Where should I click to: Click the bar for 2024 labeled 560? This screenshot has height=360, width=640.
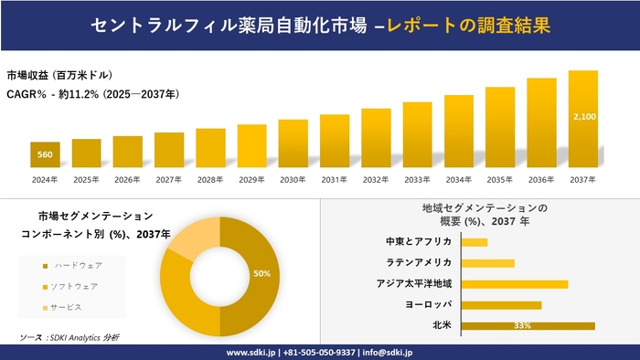click(45, 155)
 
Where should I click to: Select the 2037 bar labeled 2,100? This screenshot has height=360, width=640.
click(583, 119)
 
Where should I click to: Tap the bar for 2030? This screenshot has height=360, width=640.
click(293, 143)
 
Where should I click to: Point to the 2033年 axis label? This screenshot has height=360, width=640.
click(417, 179)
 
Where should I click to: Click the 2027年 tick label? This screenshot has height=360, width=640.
click(168, 179)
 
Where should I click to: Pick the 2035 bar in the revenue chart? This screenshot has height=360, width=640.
click(500, 127)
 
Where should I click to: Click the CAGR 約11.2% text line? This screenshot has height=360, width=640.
click(92, 93)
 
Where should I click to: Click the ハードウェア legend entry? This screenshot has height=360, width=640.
click(72, 265)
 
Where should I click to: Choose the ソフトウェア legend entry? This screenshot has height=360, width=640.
click(72, 286)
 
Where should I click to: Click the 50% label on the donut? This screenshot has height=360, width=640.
click(261, 274)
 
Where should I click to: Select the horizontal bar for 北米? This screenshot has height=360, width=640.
click(528, 325)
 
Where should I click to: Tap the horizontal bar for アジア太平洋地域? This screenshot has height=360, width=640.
click(514, 284)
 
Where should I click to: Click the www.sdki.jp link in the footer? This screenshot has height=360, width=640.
click(253, 352)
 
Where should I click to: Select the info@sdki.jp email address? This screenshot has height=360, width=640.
click(388, 352)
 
